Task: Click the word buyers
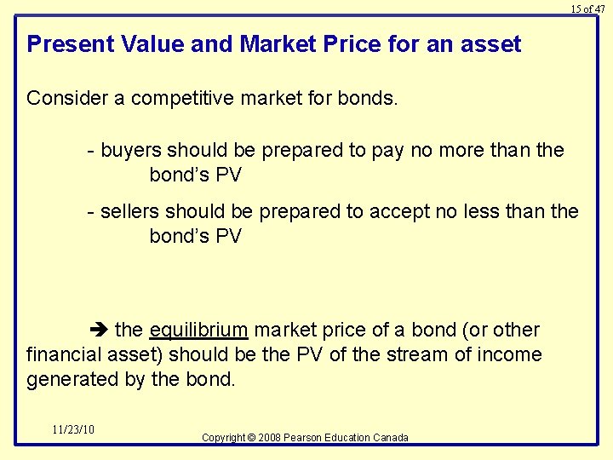(130, 151)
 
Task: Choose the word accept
(397, 211)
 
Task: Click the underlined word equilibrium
(198, 330)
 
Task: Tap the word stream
(415, 354)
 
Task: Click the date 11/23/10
(72, 429)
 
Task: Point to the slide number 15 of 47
(587, 9)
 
